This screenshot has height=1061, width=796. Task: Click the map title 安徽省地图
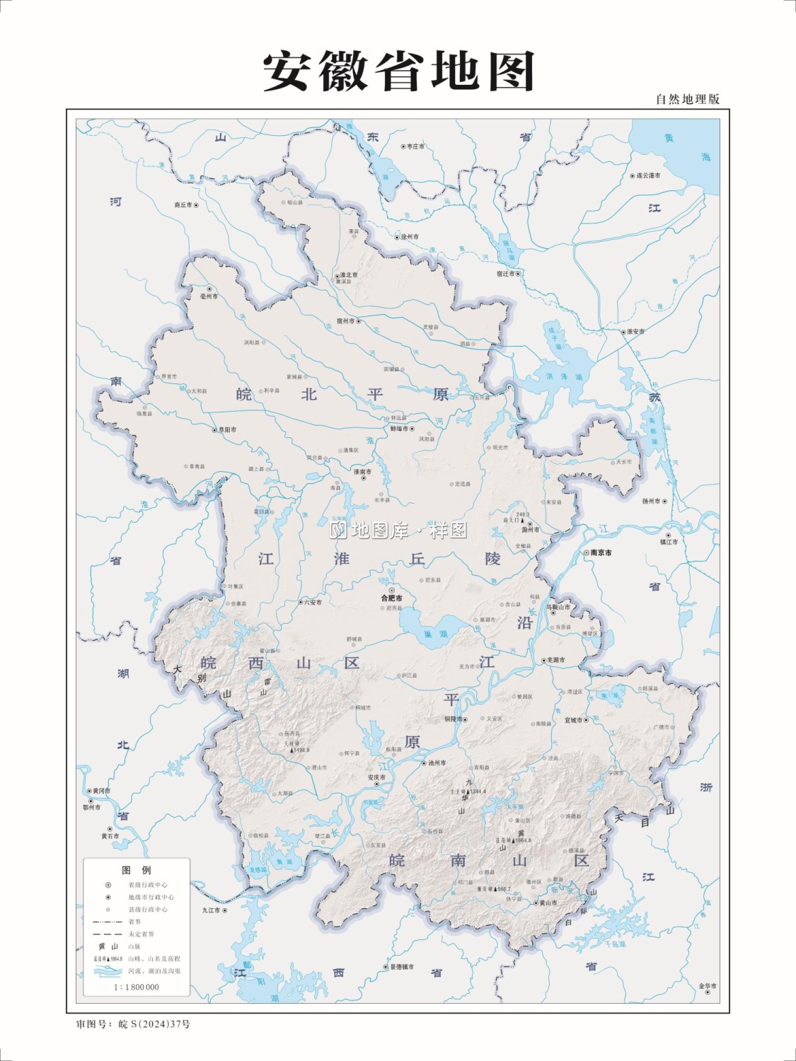[398, 71]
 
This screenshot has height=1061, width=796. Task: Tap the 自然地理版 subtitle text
[687, 99]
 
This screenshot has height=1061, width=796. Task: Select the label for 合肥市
[391, 598]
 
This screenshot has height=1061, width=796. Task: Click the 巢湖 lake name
[435, 634]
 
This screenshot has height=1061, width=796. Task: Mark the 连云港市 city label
[647, 175]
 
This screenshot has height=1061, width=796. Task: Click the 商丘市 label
[183, 205]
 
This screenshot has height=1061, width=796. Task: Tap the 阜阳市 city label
[227, 429]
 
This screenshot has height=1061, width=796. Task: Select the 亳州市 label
[209, 296]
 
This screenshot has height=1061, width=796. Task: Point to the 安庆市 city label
[376, 777]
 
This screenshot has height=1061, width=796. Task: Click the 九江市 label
[211, 910]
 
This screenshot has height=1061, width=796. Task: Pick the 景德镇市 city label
[401, 967]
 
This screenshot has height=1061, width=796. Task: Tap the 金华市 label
[708, 985]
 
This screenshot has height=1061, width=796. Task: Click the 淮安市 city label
[635, 331]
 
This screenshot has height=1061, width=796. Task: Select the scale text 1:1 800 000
[137, 987]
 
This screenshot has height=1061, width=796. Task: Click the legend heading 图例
[137, 870]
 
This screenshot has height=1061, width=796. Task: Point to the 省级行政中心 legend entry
[147, 885]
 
